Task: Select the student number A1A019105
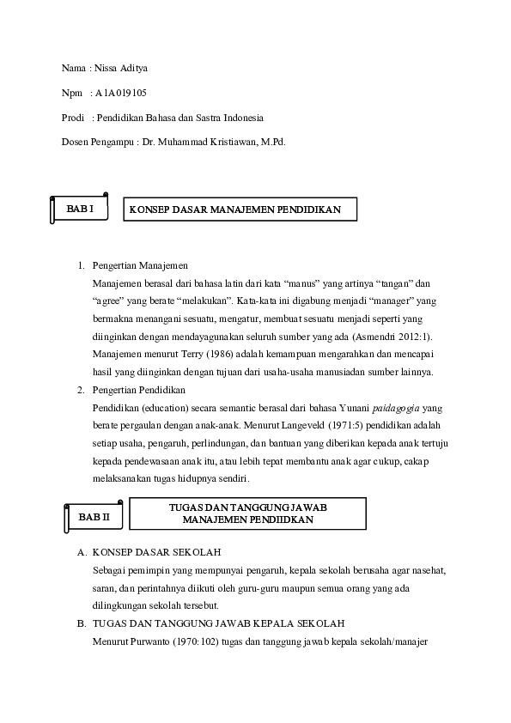coord(127,92)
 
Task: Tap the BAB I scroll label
coord(80,209)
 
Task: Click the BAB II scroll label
coord(94,517)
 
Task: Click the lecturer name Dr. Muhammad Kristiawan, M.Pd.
coord(214,141)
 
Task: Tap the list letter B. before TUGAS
coord(81,623)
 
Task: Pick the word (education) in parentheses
coord(165,407)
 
